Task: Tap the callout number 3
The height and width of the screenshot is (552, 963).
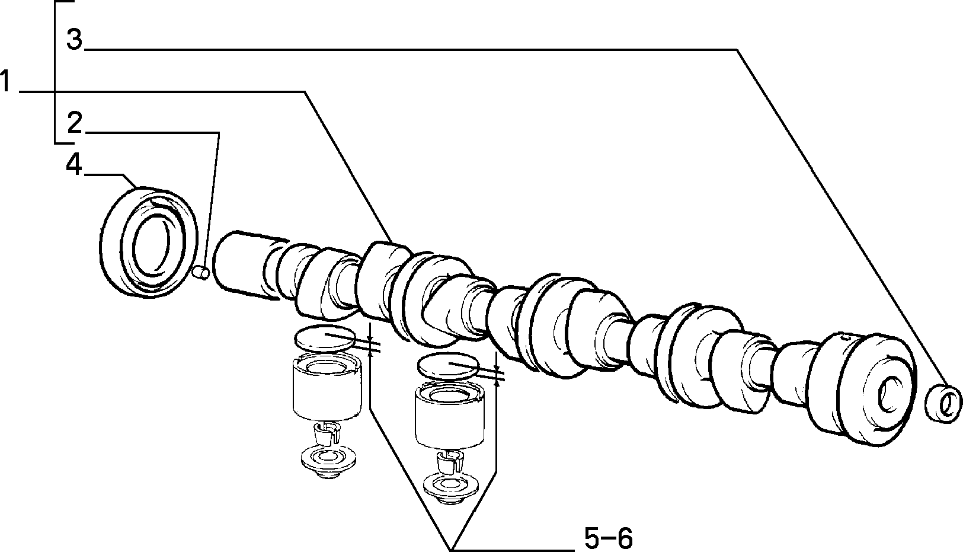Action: pos(75,40)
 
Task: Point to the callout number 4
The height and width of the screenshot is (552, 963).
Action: pos(74,165)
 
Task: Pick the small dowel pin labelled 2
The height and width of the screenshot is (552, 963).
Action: pos(201,273)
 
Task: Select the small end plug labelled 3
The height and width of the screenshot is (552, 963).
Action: pos(943,404)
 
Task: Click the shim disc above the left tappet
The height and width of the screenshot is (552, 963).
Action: pos(325,339)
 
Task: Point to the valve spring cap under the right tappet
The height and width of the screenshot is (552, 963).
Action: pos(451,489)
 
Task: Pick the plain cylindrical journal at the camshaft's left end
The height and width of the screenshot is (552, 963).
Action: pos(249,265)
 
